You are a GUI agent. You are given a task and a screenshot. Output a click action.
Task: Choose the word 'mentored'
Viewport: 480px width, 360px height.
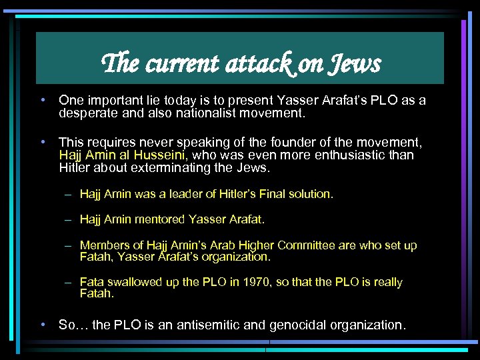click(x=161, y=219)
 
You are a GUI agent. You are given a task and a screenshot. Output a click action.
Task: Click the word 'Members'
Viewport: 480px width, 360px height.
click(x=103, y=245)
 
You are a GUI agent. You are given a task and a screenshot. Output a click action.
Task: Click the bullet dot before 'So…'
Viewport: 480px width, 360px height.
click(x=43, y=325)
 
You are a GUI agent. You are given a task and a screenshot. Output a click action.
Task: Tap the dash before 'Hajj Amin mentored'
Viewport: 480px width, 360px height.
click(x=69, y=219)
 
